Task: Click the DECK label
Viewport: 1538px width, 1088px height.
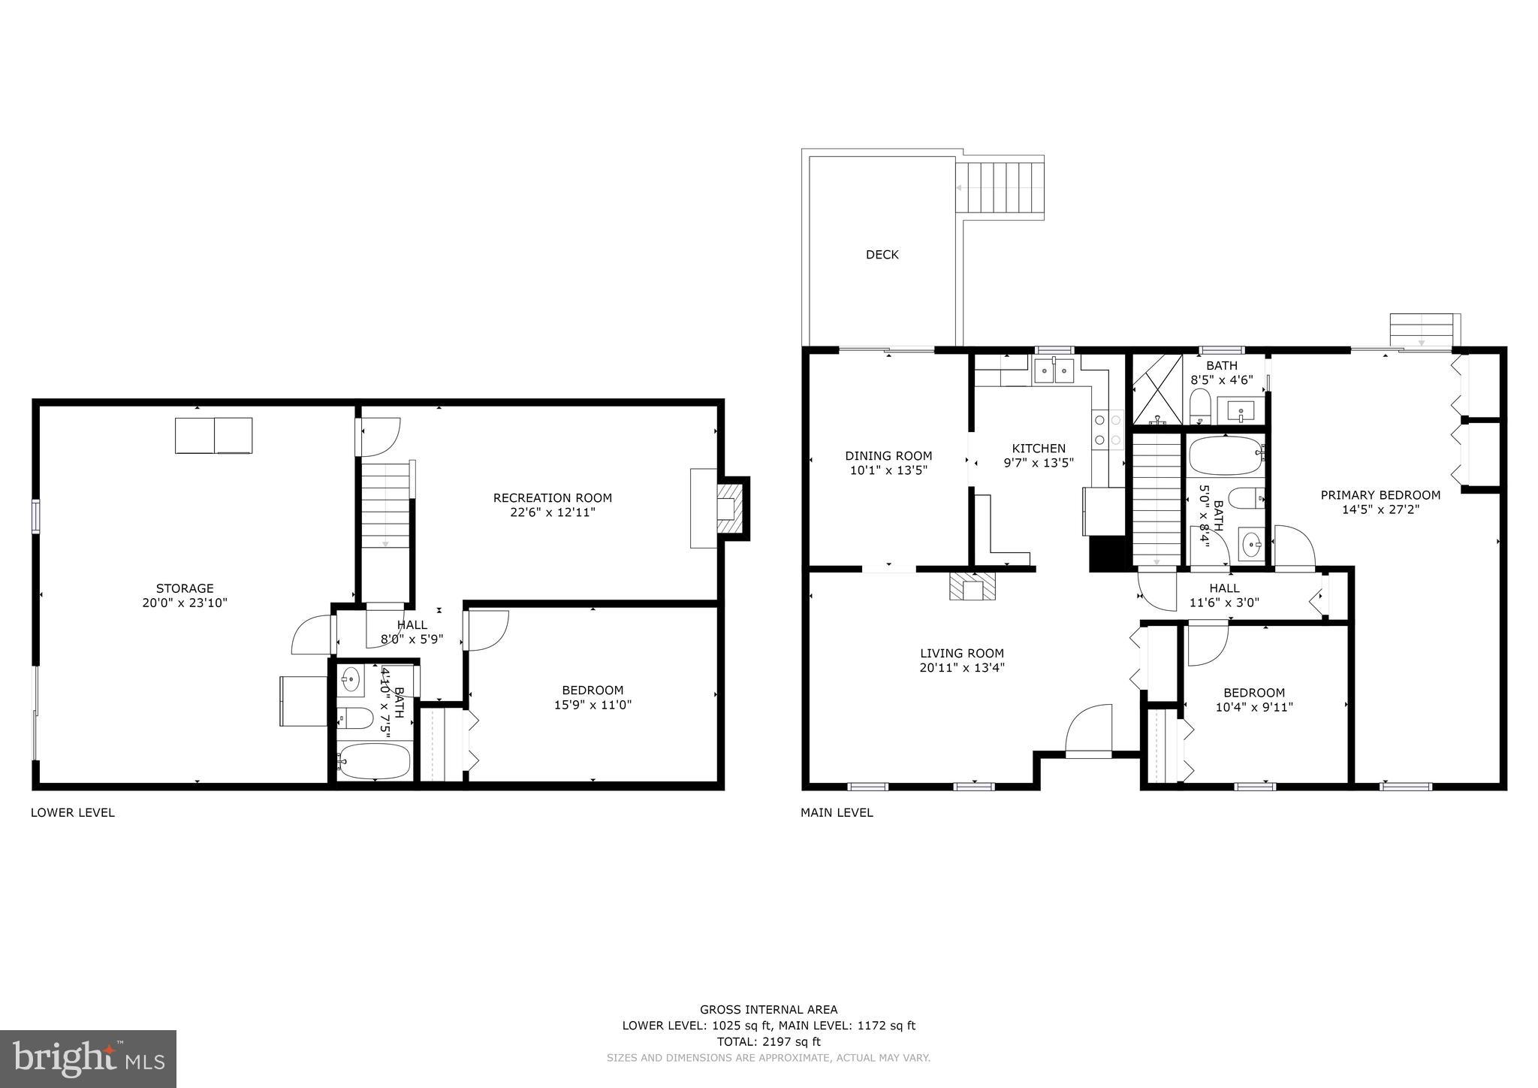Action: (882, 255)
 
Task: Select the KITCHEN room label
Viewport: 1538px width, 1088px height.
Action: (1039, 449)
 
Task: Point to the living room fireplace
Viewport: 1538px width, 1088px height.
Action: (973, 587)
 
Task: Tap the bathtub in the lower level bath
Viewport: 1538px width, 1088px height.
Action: (373, 761)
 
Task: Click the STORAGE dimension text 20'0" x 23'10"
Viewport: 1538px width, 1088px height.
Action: (185, 603)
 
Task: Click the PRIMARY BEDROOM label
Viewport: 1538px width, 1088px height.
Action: (1380, 495)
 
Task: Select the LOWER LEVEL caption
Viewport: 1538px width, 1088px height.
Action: (72, 812)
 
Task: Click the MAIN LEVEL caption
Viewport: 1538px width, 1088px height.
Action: (837, 812)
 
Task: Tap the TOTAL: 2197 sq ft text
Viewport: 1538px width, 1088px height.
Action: (768, 1041)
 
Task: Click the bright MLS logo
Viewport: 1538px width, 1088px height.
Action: (88, 1058)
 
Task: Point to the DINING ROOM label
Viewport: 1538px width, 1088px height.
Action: (888, 456)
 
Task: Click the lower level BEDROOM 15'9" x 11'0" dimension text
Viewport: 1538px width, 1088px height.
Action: (593, 705)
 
